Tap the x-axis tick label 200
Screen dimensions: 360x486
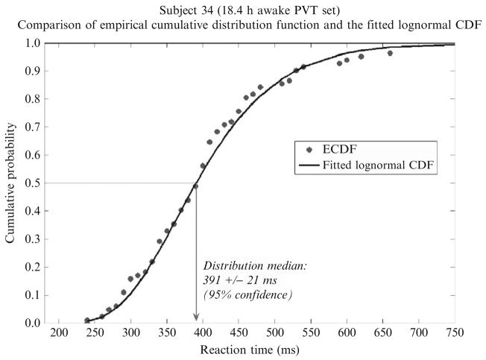60,331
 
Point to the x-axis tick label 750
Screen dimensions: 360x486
455,331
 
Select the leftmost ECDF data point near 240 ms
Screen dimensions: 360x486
87,320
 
